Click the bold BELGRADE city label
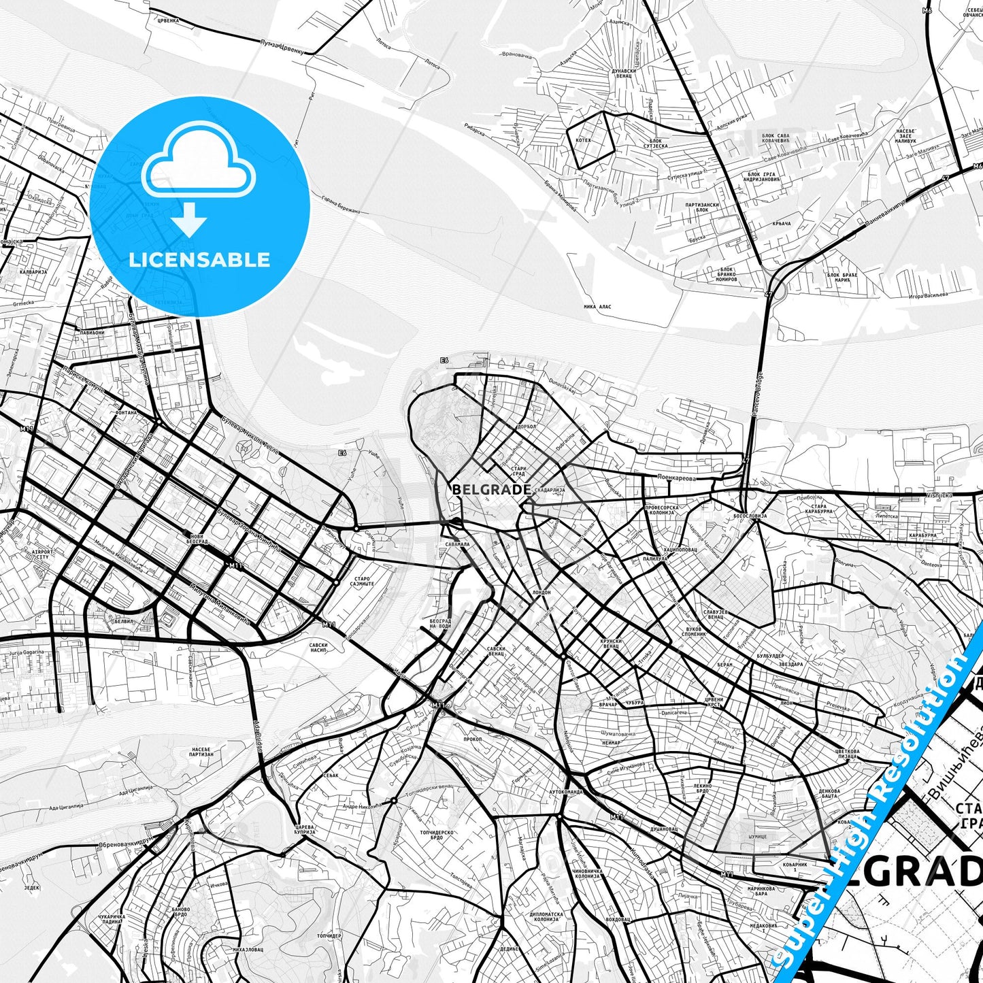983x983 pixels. tap(491, 489)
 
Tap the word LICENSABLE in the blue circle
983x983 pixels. tap(199, 259)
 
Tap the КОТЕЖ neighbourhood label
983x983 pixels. tap(584, 140)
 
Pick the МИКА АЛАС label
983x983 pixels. tap(597, 307)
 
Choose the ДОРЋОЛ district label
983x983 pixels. tap(527, 427)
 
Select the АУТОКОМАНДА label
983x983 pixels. tap(566, 792)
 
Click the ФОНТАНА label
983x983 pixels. tap(126, 412)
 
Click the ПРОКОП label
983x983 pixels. tap(472, 739)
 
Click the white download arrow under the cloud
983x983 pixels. tap(190, 220)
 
